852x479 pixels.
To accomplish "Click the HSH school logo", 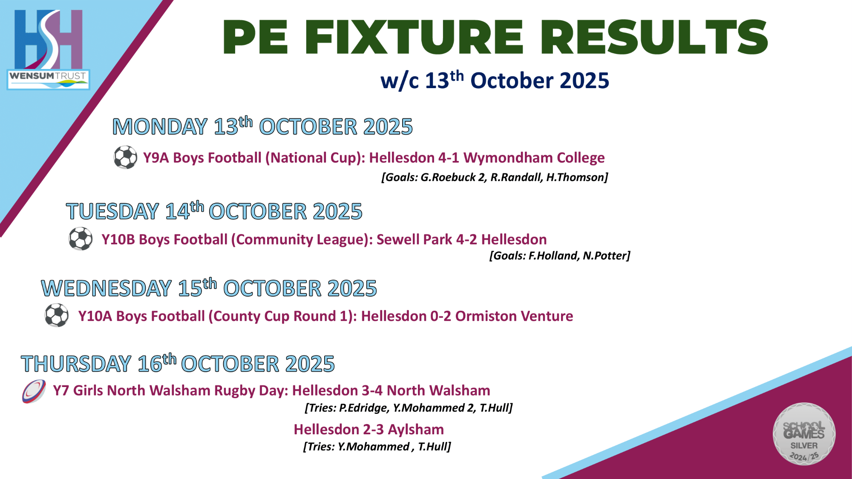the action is click(x=48, y=39).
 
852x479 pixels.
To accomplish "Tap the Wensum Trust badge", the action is click(x=48, y=79).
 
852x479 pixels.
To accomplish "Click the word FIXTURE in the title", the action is click(x=414, y=37).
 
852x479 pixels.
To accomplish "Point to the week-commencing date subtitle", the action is click(x=495, y=80).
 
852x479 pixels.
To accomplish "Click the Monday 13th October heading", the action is click(x=262, y=126).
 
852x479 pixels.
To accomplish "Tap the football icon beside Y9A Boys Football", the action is click(x=125, y=158).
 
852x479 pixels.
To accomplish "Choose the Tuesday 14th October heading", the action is click(x=214, y=211).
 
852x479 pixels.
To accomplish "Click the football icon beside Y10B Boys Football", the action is click(x=81, y=239).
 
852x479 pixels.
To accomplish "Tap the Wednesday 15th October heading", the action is click(x=209, y=288).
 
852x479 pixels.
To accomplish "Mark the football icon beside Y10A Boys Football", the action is click(x=57, y=316).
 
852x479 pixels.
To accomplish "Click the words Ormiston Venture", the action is click(x=514, y=316).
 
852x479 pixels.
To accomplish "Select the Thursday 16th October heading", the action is click(x=178, y=364).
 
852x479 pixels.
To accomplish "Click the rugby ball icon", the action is click(x=34, y=391).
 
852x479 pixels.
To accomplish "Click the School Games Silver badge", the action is click(x=804, y=434).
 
